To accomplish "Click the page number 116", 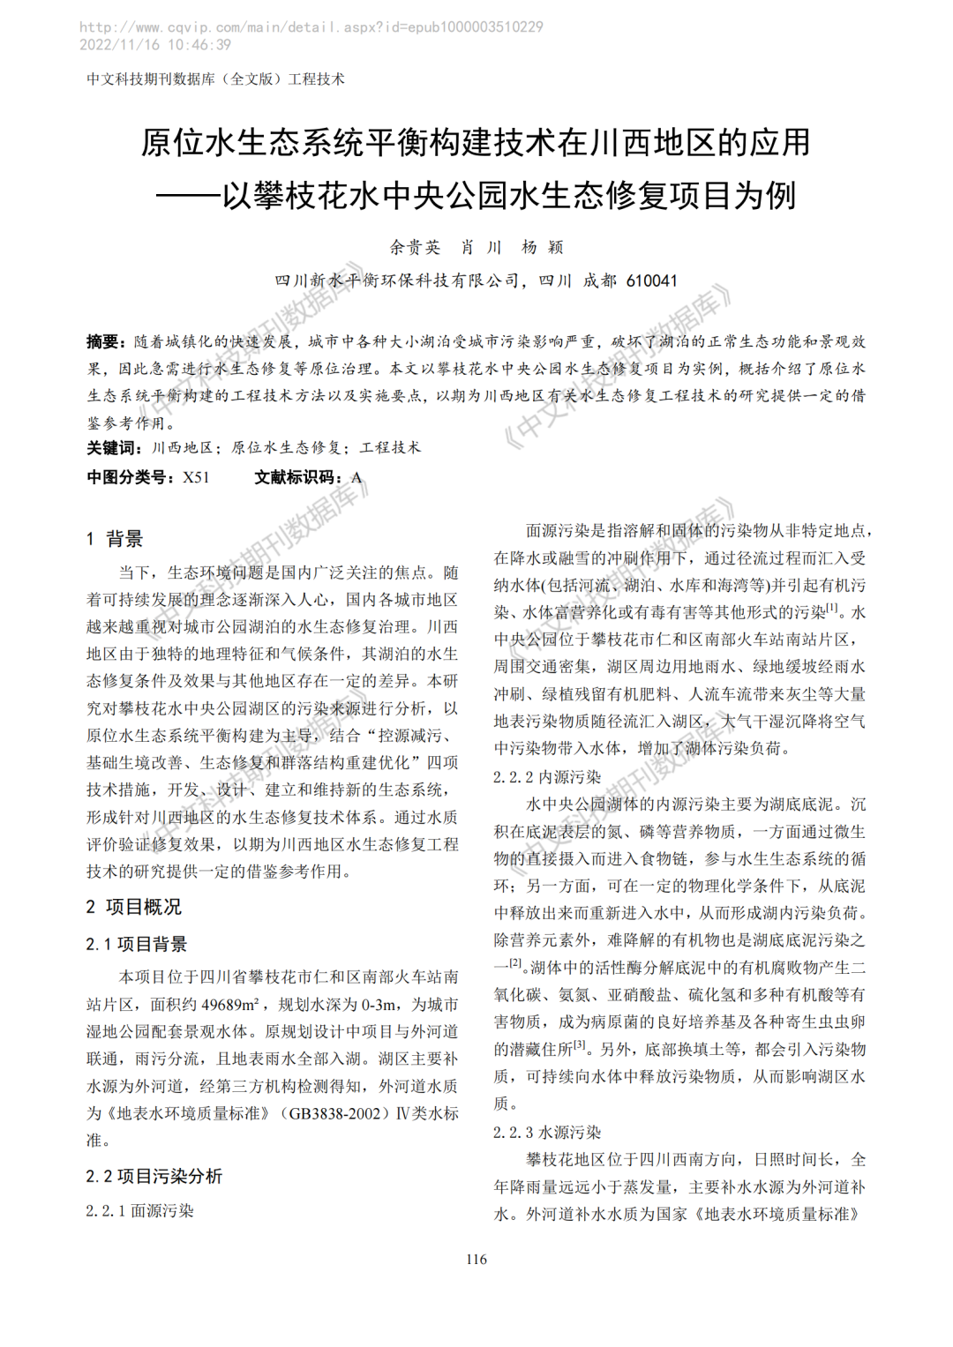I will (x=476, y=1259).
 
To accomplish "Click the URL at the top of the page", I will (x=311, y=27).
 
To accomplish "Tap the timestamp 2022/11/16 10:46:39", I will (x=155, y=45).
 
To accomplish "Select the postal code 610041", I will (x=651, y=281).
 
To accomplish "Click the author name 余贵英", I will (x=415, y=247).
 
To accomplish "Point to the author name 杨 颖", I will (x=542, y=247).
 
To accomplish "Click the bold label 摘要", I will (x=103, y=341).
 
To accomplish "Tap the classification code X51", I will (x=196, y=477).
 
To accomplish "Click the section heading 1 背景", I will (x=115, y=539).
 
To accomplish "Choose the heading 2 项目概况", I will (x=134, y=907).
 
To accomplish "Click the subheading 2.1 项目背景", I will (x=137, y=944).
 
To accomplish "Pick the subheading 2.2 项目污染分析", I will (x=154, y=1176).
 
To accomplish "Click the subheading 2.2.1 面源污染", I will (x=139, y=1211).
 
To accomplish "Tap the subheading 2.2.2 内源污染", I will (x=547, y=777).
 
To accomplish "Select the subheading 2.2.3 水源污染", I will (x=547, y=1133).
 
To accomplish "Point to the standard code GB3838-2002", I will (x=334, y=1113).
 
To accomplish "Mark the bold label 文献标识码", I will (x=297, y=477).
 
